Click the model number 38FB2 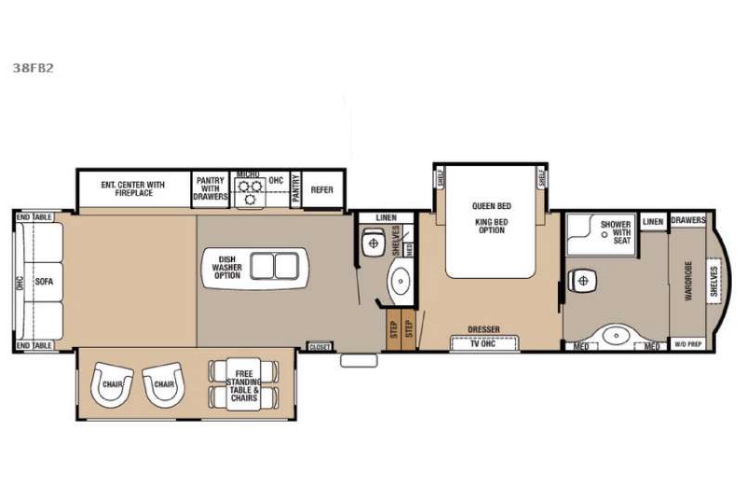33,68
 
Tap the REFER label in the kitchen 322,190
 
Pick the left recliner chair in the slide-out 112,384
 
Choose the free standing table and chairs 243,385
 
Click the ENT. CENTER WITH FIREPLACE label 133,189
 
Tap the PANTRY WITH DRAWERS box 210,189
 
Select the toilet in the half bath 373,243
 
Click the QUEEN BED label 491,206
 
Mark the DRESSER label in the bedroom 484,329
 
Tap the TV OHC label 483,344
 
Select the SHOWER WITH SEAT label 615,232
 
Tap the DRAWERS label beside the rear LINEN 688,220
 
